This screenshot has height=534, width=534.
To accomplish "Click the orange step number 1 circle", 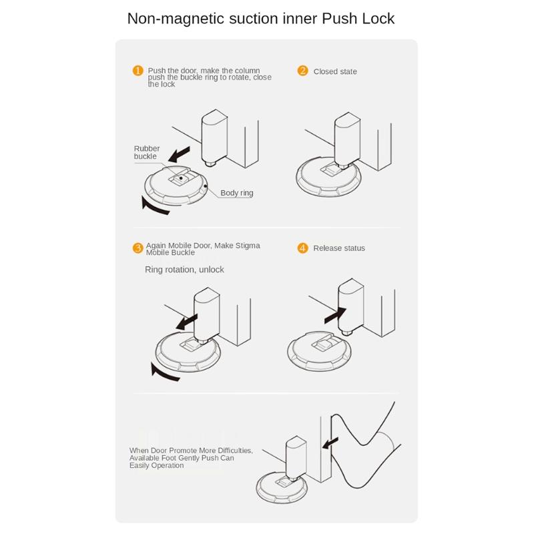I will [138, 71].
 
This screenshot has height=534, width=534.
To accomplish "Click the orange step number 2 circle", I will [303, 71].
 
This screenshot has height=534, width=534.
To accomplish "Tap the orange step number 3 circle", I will [138, 248].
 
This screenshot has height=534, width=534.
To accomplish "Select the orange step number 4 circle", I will [303, 248].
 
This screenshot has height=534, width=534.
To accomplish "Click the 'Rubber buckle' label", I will [146, 152].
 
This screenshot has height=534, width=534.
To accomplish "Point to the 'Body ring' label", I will [237, 193].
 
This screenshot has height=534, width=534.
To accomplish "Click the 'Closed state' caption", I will [335, 71].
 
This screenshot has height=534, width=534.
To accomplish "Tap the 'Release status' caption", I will [339, 248].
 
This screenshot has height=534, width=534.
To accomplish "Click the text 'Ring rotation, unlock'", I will [184, 270].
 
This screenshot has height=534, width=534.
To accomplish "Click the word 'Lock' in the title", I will [377, 19].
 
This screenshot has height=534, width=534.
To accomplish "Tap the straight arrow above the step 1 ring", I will [184, 155].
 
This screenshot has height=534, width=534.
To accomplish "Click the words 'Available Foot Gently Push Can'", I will [182, 458].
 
